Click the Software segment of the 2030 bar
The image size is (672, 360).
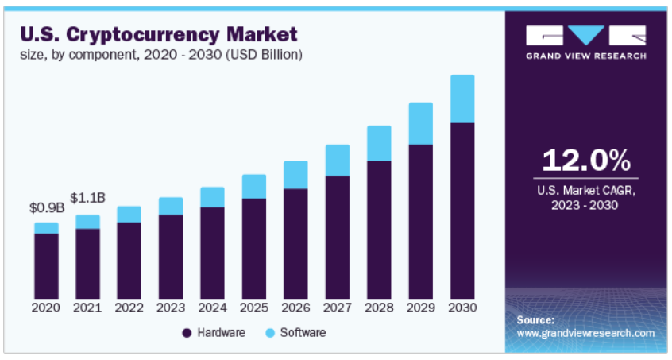coord(462,99)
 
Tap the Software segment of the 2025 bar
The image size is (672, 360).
coord(254,186)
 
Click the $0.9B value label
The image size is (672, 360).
coord(44,208)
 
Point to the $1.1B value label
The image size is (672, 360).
coord(87,198)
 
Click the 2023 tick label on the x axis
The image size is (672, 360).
coord(171,308)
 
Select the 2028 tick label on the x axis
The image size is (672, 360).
coord(379,308)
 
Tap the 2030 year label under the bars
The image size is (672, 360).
coord(462,308)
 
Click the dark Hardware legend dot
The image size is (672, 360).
coord(187,333)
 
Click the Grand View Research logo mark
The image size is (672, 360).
coord(585,36)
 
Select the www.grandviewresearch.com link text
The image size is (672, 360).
coord(585,333)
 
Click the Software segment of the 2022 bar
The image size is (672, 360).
coord(129,214)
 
